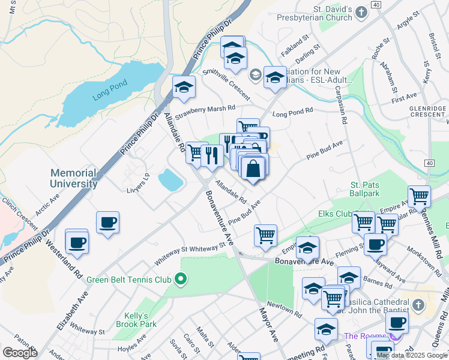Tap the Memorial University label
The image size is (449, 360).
74,178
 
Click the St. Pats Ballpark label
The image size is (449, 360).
365,190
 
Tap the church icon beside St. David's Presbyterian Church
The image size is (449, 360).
361,12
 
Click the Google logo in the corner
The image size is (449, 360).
20,353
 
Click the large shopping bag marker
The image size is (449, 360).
254,169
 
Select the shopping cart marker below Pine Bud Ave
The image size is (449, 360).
265,235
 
